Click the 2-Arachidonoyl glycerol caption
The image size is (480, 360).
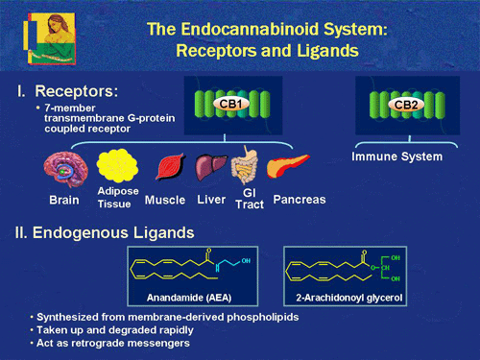[344, 297]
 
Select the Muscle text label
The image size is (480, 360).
[164, 201]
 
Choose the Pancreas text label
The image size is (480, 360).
[300, 200]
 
